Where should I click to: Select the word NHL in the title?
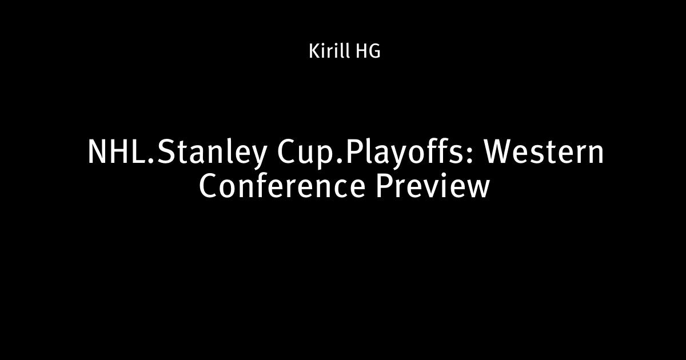pos(118,152)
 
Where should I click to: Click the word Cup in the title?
pos(306,155)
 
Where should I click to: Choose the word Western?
pos(543,152)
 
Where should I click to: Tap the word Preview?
pos(432,187)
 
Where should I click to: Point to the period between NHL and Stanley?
pos(152,161)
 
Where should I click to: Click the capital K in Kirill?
pos(314,51)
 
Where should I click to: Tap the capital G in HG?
pos(374,51)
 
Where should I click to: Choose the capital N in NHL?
pos(97,152)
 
